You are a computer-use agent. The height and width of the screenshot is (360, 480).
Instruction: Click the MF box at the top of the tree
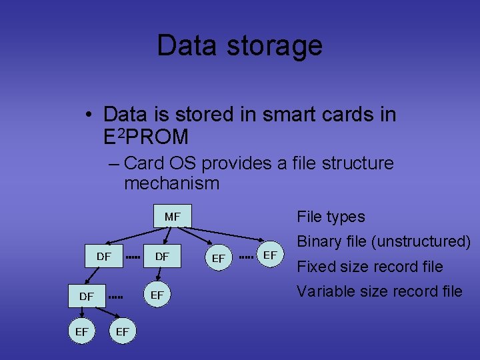click(x=172, y=217)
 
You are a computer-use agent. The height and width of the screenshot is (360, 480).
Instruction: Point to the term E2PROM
click(x=146, y=137)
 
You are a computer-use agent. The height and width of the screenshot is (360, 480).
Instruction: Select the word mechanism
click(x=171, y=183)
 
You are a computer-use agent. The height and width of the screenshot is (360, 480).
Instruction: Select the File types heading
click(x=331, y=217)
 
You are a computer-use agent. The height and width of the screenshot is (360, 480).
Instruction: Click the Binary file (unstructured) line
click(x=383, y=241)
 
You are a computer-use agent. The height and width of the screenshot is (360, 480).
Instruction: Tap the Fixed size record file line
click(x=369, y=267)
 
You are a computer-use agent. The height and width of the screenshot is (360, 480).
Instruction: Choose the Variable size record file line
click(x=379, y=291)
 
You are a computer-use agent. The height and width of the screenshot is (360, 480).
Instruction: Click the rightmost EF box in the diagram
click(x=270, y=255)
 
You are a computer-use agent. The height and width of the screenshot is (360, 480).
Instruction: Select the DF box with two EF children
click(x=86, y=295)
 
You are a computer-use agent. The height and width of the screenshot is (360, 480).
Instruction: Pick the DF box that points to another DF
click(x=104, y=256)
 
